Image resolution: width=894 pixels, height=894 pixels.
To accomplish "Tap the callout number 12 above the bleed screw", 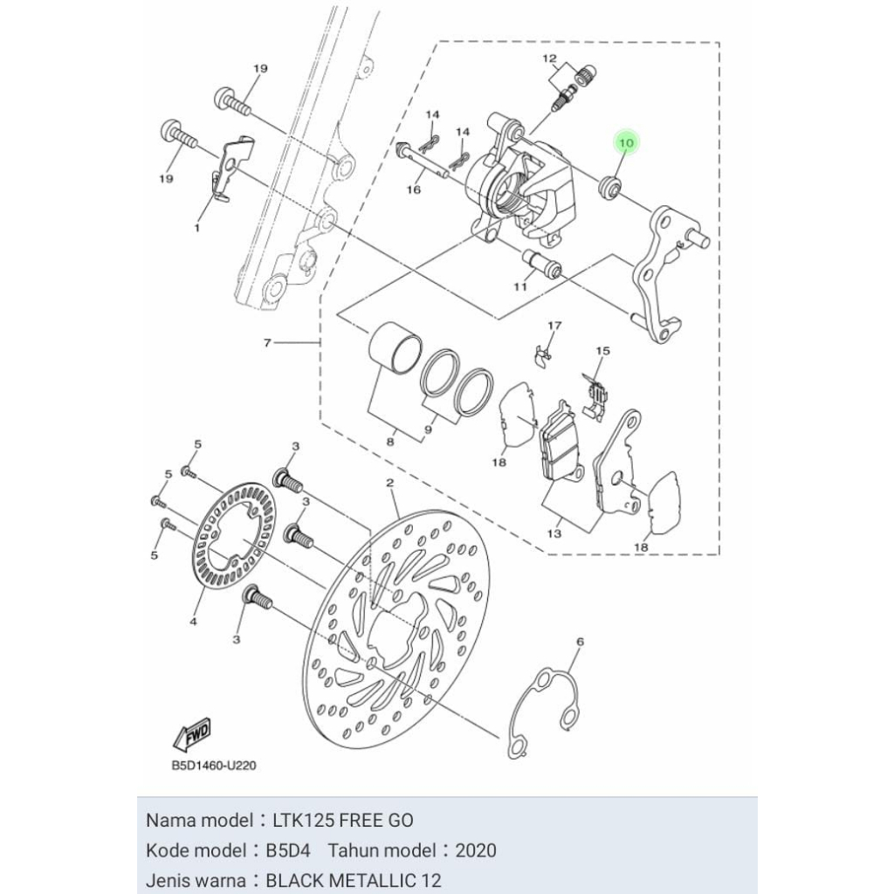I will coord(549,59).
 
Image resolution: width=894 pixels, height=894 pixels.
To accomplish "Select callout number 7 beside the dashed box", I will coord(268,343).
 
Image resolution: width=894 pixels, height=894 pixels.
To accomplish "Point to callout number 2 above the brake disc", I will coord(389,483).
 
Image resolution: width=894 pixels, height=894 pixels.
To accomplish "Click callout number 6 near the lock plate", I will coord(580,642).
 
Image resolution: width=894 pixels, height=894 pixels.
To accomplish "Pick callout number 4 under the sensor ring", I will coord(193,622).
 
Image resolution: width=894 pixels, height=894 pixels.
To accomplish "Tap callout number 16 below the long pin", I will coord(414,189).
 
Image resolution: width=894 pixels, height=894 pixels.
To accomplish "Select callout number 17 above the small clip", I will coord(553,326).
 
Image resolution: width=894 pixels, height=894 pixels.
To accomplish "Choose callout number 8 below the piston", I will coord(390,443).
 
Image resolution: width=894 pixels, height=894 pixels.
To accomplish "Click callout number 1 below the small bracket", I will coord(196,227).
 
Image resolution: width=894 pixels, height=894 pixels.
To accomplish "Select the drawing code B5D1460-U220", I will coord(213,766).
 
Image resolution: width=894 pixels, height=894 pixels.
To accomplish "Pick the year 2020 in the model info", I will coord(476,850).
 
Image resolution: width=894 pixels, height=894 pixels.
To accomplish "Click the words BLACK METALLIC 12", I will coord(354,879).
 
